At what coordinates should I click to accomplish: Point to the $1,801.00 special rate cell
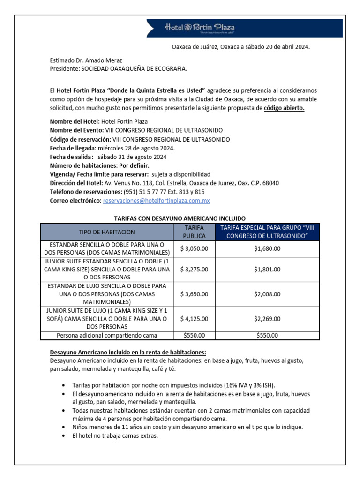(267, 269)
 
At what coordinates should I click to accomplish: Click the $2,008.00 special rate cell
(267, 294)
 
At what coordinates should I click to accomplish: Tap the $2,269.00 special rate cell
(267, 319)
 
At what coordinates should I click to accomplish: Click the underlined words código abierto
(284, 108)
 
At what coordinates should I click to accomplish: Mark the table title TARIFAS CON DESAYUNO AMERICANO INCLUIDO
(180, 218)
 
